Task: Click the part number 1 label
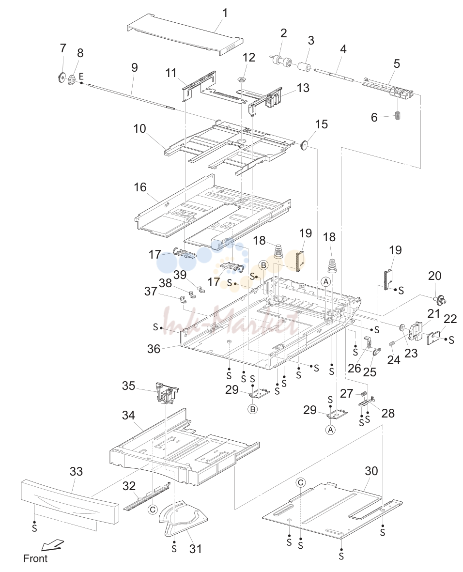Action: [x=225, y=13]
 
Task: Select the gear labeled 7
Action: [x=62, y=77]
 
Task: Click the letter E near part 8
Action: [x=81, y=76]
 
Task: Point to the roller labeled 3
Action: [x=304, y=68]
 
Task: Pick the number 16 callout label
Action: [x=140, y=187]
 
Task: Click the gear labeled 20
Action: [x=440, y=300]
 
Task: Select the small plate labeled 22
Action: [x=433, y=338]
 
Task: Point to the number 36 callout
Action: [x=154, y=349]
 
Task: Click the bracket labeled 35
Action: [x=167, y=393]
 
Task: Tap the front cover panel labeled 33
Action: [x=70, y=501]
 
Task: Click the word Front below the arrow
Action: [x=35, y=558]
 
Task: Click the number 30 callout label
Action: [x=371, y=471]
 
